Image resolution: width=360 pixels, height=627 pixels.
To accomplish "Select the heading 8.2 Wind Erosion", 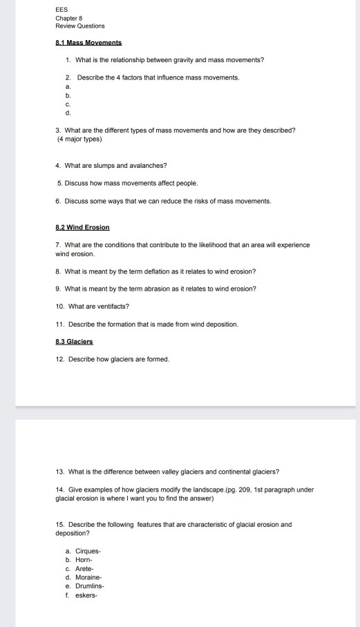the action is coord(82,227).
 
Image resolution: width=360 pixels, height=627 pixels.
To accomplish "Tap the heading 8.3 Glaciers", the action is coord(74,341).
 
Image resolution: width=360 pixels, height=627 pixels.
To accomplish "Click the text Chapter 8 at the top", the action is coord(68,19).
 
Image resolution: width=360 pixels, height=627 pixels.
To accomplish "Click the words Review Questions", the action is coord(80,26).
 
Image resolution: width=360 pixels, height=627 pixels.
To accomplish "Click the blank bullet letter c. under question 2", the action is coord(68,104).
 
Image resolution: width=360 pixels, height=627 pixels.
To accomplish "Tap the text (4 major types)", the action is coord(80,139).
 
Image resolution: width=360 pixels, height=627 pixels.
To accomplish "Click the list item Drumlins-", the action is coord(87,585).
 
